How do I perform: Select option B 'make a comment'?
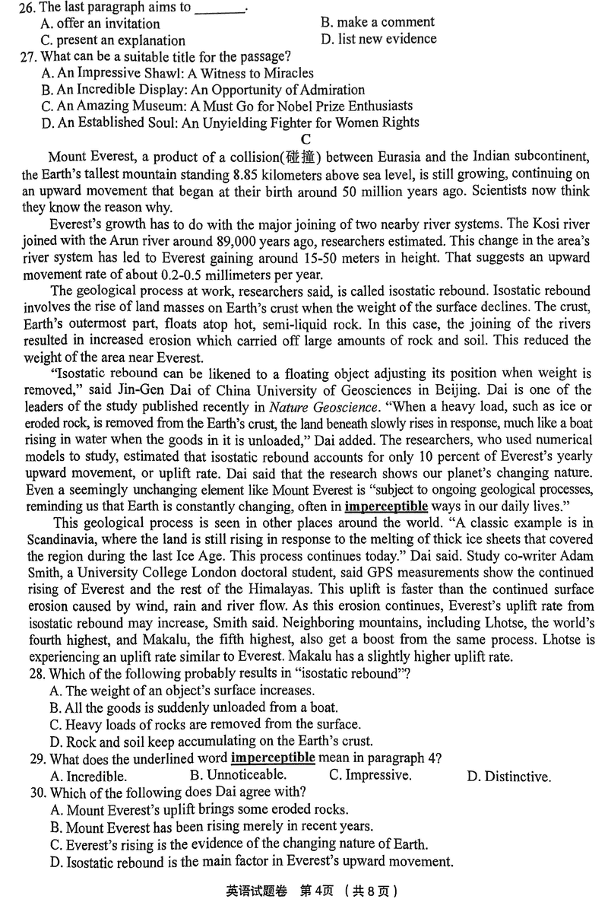tap(378, 22)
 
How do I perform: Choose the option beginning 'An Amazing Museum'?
tap(227, 106)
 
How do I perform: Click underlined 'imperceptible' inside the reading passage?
tap(386, 507)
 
